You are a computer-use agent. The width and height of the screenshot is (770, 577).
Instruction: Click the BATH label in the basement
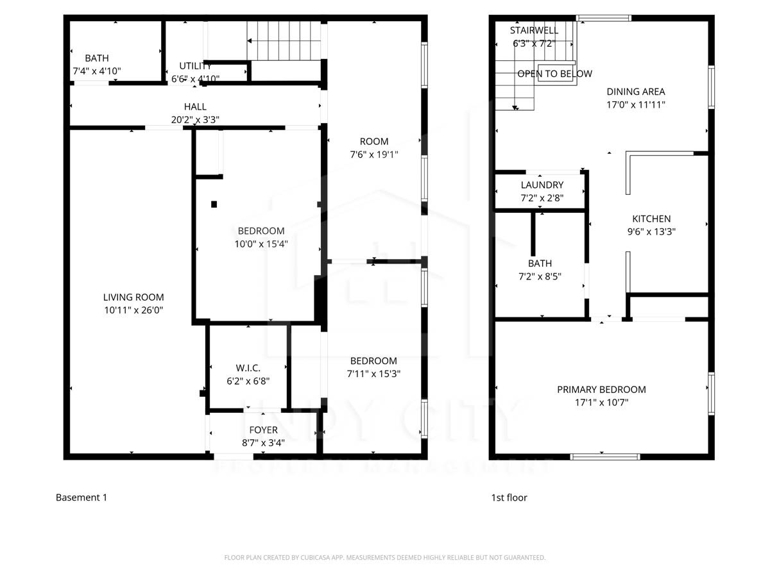[97, 58]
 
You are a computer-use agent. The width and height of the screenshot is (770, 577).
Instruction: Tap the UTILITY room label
[195, 66]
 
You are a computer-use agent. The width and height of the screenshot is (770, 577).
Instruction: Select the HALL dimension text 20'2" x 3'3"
[195, 119]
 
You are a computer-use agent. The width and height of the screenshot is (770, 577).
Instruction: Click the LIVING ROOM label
[133, 297]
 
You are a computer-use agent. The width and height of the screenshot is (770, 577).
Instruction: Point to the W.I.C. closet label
[248, 368]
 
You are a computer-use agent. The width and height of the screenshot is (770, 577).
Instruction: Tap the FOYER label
[263, 430]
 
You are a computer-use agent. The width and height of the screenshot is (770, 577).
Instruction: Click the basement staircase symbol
[284, 41]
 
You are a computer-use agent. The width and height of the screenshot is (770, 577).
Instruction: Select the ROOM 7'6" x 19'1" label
[374, 142]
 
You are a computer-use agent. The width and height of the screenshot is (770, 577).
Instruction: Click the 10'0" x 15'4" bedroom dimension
[261, 244]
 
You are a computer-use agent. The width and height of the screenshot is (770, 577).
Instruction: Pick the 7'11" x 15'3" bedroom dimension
[374, 374]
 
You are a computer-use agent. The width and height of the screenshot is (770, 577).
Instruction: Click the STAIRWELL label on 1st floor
[534, 31]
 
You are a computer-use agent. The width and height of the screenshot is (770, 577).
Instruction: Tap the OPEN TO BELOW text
[554, 74]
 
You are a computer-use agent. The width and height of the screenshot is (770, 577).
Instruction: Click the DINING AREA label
[636, 92]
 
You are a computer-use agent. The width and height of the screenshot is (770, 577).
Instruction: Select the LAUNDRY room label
[542, 185]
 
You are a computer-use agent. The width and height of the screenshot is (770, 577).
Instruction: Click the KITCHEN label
[651, 219]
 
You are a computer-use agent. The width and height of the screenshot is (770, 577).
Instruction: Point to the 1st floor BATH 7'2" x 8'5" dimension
[540, 276]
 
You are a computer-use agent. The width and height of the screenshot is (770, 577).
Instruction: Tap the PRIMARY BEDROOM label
[601, 390]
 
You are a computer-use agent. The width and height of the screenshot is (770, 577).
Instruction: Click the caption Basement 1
[81, 498]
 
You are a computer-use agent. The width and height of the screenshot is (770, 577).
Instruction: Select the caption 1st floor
[509, 498]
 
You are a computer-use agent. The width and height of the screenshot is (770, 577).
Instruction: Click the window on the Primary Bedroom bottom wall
[605, 456]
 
